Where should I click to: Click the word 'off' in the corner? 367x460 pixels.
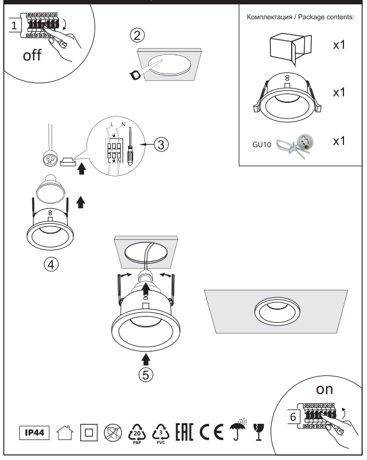tap(32, 55)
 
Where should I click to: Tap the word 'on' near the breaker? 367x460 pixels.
tap(324, 390)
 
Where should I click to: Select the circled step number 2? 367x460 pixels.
tap(137, 35)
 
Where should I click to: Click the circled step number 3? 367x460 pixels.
tap(161, 145)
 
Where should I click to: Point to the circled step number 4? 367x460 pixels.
tap(51, 264)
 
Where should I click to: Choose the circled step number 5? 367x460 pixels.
tap(146, 375)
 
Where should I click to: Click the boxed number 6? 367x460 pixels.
tap(293, 417)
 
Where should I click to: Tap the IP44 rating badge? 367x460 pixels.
tap(35, 433)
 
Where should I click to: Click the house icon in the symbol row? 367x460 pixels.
tap(65, 433)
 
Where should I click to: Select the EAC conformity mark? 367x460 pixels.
tap(184, 432)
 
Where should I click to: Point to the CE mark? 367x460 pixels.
tap(211, 432)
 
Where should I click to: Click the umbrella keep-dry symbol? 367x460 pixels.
tap(238, 430)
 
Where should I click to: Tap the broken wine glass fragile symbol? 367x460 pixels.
tap(258, 432)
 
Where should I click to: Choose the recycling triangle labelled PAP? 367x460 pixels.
tap(137, 434)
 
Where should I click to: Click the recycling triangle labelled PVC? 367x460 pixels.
tap(160, 434)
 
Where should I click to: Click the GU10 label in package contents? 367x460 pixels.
tap(262, 145)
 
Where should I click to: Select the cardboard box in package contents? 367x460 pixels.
tap(290, 49)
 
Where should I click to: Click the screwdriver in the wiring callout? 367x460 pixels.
tap(130, 146)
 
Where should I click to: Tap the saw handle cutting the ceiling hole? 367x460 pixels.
tap(135, 75)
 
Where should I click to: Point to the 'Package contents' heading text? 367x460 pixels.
tap(326, 17)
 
